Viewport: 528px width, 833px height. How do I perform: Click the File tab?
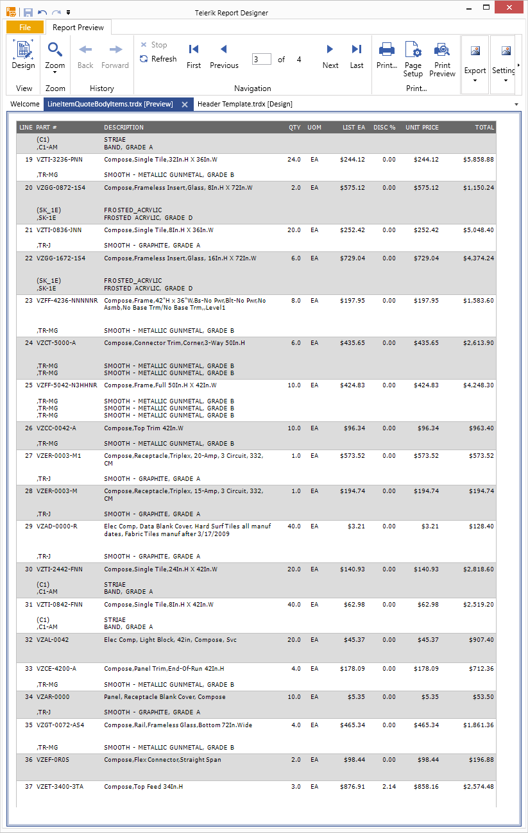25,28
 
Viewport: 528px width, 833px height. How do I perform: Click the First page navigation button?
194,56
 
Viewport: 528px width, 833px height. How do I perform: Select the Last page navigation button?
357,56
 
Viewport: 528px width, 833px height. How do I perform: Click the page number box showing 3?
261,59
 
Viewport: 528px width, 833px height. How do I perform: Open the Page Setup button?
413,58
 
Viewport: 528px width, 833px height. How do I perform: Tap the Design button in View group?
24,56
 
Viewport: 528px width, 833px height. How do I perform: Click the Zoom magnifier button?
55,56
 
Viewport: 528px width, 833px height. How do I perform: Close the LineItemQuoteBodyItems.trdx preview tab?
184,104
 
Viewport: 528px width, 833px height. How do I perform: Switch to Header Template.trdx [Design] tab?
245,104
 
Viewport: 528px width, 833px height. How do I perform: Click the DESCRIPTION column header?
124,128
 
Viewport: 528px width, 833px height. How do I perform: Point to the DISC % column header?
384,128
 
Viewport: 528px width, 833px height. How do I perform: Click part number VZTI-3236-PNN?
59,159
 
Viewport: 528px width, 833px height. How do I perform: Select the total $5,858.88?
478,159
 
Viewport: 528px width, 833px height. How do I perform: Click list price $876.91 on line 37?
352,787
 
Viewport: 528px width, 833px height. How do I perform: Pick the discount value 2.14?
389,787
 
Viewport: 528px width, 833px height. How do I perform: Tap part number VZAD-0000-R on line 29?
57,526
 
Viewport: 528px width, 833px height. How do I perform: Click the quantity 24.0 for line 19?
294,159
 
